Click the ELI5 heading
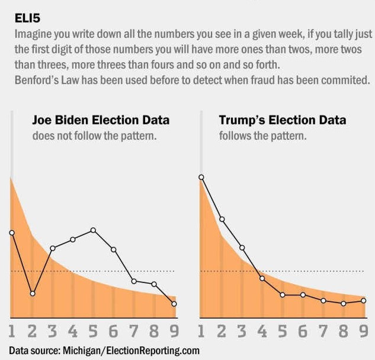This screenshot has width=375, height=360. click(x=28, y=20)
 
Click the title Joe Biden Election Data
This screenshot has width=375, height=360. click(x=100, y=120)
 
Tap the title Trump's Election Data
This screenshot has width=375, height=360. click(x=283, y=120)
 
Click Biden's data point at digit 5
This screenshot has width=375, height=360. click(x=93, y=230)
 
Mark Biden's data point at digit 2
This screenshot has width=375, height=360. click(x=33, y=293)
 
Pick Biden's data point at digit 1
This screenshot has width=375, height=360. click(x=11, y=233)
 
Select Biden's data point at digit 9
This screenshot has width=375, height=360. click(x=174, y=304)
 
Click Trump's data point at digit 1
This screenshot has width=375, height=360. click(x=201, y=177)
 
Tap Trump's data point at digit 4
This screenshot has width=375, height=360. click(x=262, y=278)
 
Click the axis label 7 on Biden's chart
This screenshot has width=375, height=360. click(x=133, y=330)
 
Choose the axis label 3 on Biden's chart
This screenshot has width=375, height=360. click(x=52, y=330)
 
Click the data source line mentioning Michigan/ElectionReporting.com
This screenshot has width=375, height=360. click(x=104, y=350)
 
